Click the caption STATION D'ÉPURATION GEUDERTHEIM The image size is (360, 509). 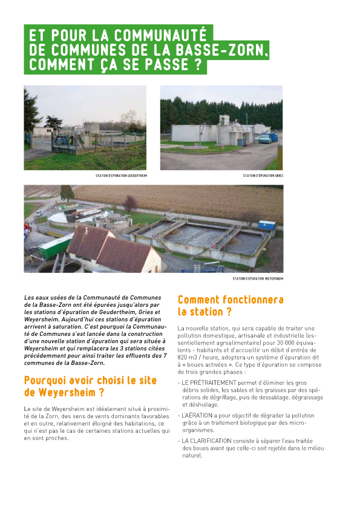tap(121, 176)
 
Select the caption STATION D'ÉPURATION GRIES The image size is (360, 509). tap(263, 176)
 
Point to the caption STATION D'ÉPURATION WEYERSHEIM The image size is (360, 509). tap(258, 278)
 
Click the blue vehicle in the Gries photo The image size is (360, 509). tap(266, 138)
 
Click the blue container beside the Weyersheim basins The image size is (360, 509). tap(266, 225)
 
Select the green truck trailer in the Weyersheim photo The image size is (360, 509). tap(56, 246)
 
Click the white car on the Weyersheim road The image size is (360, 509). tap(38, 213)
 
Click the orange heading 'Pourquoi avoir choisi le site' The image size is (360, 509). tap(90, 381)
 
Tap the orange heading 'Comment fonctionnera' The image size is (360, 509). tap(231, 300)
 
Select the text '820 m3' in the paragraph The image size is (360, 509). tap(189, 357)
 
